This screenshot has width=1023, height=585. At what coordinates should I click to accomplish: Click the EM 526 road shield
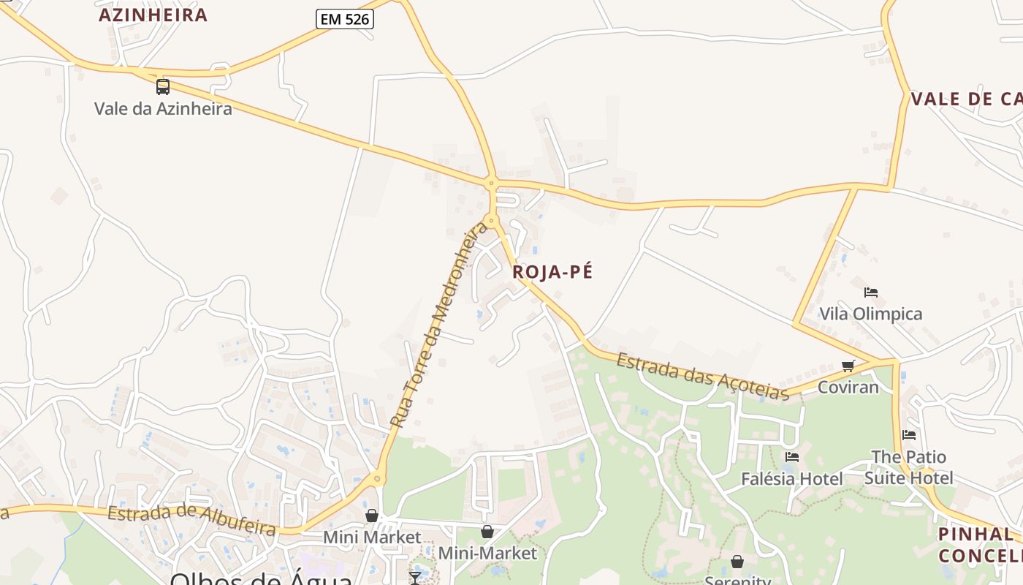(x=345, y=20)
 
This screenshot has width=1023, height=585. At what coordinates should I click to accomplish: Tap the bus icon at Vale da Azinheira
(x=163, y=87)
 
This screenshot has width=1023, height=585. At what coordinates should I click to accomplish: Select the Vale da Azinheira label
(x=163, y=109)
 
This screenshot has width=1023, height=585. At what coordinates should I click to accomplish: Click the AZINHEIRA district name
(x=153, y=15)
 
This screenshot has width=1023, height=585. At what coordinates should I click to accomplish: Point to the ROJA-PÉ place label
(x=552, y=272)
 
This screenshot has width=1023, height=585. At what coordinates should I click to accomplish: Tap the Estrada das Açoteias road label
(x=702, y=376)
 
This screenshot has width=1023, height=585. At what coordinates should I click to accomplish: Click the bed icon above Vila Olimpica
(x=870, y=292)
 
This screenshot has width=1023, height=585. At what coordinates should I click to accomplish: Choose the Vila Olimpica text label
(x=870, y=314)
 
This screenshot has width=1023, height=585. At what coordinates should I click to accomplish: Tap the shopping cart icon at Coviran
(x=848, y=366)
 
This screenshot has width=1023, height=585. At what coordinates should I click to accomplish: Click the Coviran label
(x=848, y=387)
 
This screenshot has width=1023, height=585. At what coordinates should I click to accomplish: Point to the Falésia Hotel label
(x=791, y=479)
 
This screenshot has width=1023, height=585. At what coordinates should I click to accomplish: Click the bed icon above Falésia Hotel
(x=791, y=457)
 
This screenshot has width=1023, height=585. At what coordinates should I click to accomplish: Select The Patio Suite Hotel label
(x=908, y=467)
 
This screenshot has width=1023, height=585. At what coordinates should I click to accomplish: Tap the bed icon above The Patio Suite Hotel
(x=908, y=434)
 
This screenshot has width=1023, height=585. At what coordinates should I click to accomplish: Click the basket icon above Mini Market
(x=372, y=516)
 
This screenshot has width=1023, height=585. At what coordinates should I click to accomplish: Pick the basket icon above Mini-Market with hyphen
(x=487, y=532)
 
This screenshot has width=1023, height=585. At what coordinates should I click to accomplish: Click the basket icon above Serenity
(x=737, y=562)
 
